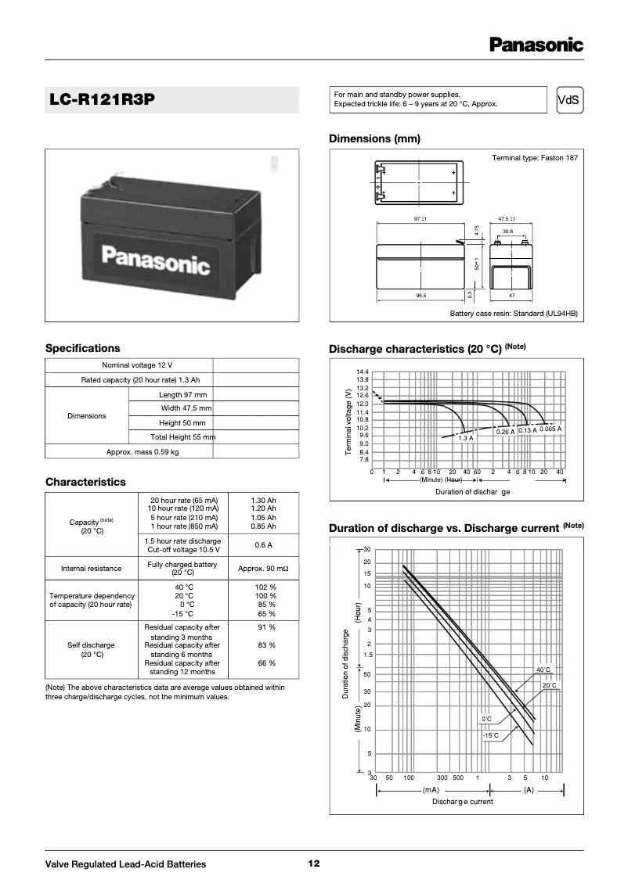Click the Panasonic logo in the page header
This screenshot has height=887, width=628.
[536, 45]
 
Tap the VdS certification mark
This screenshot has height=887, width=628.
[569, 99]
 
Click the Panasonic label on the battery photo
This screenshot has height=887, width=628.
[157, 260]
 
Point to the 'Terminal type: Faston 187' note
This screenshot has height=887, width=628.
[534, 158]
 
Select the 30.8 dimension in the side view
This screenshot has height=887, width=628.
[507, 232]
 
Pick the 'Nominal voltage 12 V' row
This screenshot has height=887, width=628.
[137, 365]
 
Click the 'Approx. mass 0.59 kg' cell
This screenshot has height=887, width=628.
[143, 451]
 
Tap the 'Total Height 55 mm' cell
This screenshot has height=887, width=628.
[182, 436]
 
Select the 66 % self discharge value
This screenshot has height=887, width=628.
[266, 663]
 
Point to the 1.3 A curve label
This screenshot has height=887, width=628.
[466, 438]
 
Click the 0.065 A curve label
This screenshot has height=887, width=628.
[550, 429]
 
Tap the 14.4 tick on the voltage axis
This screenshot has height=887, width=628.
[362, 372]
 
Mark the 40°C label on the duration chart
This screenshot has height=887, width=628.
[543, 670]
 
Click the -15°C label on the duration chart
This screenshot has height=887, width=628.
[490, 735]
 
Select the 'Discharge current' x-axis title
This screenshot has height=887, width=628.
[463, 802]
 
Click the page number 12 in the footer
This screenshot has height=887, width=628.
[313, 864]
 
